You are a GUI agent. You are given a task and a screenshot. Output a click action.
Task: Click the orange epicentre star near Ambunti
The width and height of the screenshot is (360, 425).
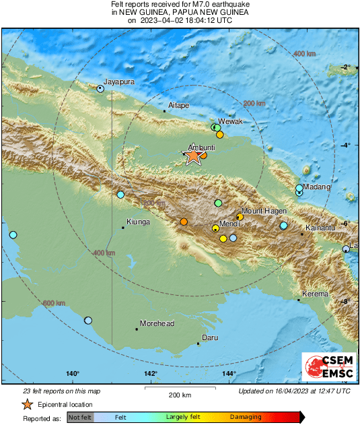click(x=192, y=156)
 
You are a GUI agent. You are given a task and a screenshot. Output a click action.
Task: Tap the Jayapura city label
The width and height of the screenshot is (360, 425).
click(x=120, y=82)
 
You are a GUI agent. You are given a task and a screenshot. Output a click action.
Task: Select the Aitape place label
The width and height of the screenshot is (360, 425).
click(x=178, y=105)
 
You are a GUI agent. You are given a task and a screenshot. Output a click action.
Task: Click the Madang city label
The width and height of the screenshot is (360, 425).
click(x=317, y=187)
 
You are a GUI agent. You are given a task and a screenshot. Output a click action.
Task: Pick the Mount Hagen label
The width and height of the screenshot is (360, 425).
click(x=264, y=211)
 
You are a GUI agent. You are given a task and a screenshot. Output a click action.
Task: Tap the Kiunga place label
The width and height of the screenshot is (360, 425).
click(x=139, y=222)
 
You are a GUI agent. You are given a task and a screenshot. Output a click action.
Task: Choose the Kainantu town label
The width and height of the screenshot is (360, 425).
click(x=320, y=228)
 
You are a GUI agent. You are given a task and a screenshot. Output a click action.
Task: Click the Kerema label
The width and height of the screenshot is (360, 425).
click(x=315, y=294)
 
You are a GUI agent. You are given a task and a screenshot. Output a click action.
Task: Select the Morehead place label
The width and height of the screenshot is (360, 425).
click(x=157, y=323)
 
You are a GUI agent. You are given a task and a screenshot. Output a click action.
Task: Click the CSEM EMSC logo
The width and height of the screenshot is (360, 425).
click(x=324, y=368)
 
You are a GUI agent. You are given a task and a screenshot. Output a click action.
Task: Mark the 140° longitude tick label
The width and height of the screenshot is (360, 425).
click(x=73, y=374)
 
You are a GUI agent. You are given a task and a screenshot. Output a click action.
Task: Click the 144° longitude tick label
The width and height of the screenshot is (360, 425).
click(x=229, y=374)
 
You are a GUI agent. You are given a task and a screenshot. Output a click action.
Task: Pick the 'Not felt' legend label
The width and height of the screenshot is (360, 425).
click(x=80, y=418)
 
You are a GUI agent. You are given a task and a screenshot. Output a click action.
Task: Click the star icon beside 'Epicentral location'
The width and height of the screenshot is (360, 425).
click(x=27, y=404)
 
